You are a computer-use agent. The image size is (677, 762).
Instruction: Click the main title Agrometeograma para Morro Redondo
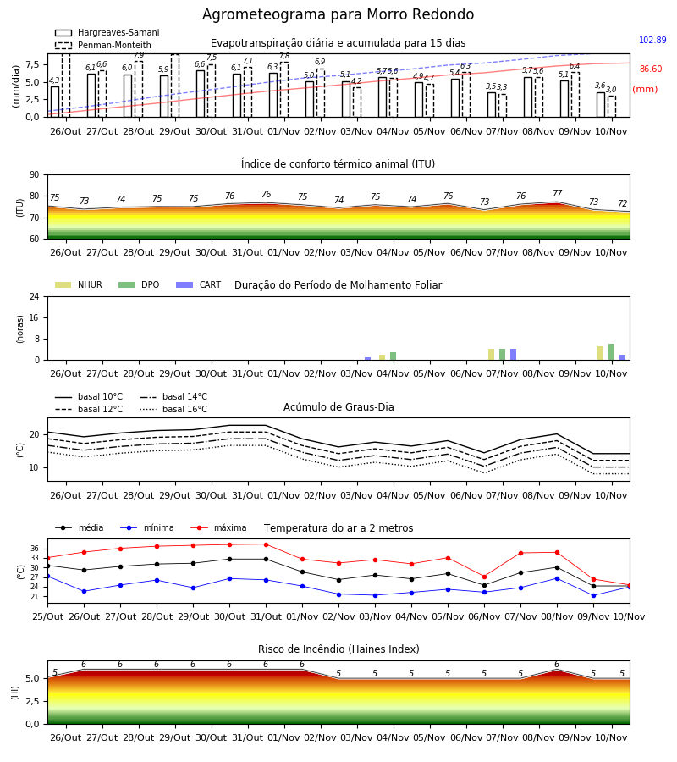pos(338,14)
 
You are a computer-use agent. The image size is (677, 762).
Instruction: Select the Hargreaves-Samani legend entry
pos(107,32)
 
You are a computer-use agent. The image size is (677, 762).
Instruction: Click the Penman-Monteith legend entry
pos(103,45)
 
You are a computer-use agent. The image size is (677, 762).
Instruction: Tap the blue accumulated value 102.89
pos(652,40)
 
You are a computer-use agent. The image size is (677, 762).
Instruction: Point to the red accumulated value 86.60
pos(651,69)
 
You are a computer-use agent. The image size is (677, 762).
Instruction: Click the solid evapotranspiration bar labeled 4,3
pos(55,102)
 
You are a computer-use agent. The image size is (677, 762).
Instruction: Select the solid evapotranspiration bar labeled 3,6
pos(601,104)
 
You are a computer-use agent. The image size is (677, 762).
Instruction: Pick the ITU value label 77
pos(557,193)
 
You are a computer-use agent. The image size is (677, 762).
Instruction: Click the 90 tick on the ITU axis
pos(35,175)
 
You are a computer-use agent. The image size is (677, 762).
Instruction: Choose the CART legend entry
pos(199,284)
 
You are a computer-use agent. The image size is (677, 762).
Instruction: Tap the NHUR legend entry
pos(79,284)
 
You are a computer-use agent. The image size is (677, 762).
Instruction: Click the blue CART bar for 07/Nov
pos(513,354)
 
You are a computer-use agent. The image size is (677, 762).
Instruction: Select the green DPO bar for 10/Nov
pos(612,352)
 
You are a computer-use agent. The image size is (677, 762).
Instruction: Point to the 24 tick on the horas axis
pos(35,296)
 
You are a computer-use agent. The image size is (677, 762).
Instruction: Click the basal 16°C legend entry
pos(173,409)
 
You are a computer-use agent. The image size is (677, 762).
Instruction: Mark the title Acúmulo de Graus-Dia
pos(338,406)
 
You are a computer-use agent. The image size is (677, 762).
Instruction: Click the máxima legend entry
pos(218,527)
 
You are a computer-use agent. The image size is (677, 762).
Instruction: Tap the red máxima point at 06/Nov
pos(484,577)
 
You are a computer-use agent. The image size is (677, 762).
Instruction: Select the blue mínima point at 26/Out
pos(84,592)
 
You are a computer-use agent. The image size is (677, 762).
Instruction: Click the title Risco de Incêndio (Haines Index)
pos(338,649)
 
